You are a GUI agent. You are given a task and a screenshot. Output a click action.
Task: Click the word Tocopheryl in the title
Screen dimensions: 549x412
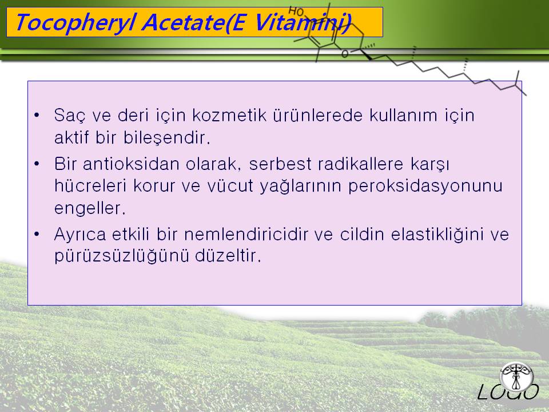[75, 23]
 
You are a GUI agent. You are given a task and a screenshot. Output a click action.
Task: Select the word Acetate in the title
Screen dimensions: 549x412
[184, 22]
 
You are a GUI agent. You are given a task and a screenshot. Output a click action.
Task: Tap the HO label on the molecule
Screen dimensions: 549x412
[296, 11]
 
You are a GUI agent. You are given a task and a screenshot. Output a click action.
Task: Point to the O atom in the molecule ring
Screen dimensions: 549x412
[345, 54]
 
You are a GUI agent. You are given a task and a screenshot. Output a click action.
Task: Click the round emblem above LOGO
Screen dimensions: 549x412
[517, 377]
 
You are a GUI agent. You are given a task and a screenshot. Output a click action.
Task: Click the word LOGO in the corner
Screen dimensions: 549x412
[508, 391]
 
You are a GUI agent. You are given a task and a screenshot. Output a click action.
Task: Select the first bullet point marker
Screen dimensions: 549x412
[37, 115]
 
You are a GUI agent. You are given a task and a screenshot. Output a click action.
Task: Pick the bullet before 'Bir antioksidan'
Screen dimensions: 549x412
[37, 164]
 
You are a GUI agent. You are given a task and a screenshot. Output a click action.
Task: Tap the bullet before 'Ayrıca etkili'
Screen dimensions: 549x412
[37, 234]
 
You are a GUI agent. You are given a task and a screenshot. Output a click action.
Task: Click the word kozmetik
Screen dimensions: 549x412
[229, 115]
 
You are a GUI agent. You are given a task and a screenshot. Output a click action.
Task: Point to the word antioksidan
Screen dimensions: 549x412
[131, 164]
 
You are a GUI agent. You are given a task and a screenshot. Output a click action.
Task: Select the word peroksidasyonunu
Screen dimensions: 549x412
[425, 186]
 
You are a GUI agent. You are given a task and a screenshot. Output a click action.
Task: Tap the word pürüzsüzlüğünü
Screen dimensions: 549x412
[121, 255]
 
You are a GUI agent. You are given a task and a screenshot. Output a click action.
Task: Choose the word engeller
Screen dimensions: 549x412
[90, 208]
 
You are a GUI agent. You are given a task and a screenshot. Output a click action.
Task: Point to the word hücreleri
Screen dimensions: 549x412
[90, 185]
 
